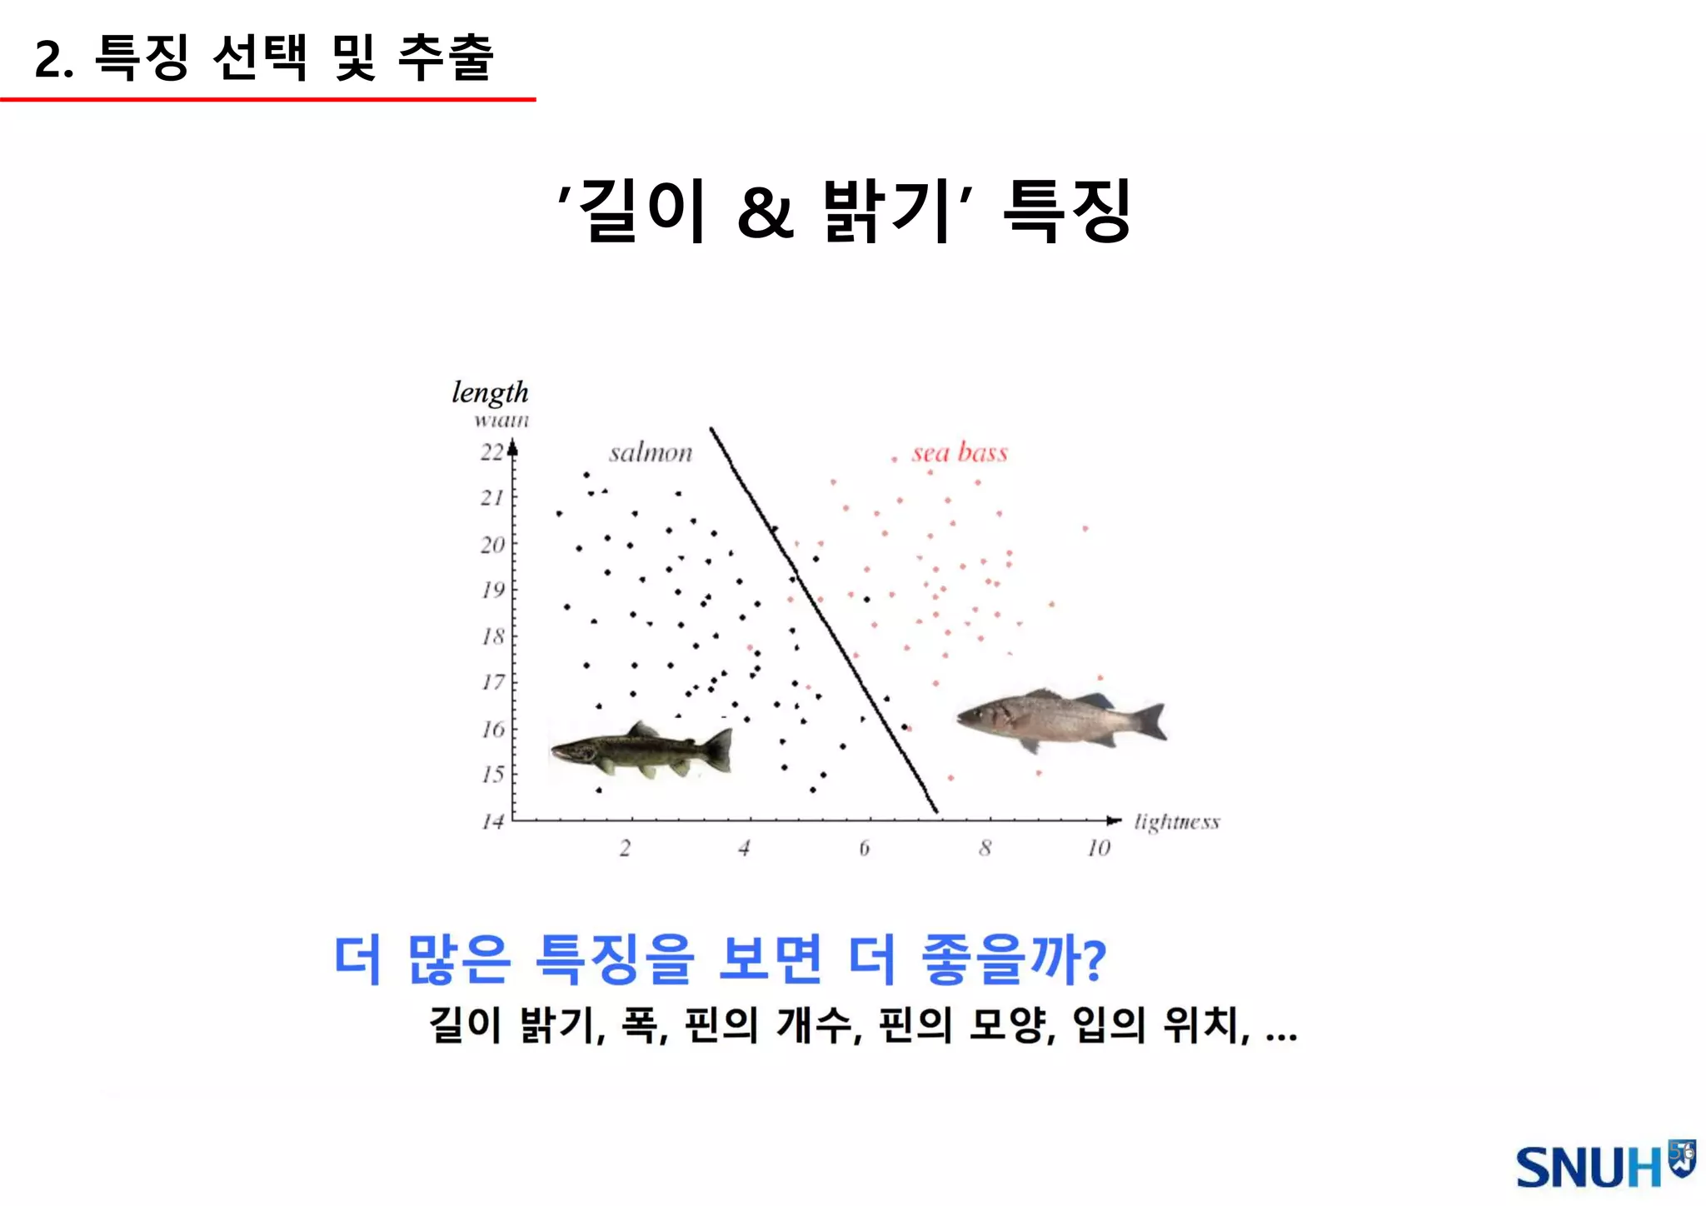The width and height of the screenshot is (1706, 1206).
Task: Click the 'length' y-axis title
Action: [x=490, y=392]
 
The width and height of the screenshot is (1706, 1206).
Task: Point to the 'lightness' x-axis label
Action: [x=1176, y=822]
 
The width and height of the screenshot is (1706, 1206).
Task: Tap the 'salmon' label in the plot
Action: [x=651, y=453]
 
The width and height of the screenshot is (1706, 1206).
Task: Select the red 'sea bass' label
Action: [x=960, y=452]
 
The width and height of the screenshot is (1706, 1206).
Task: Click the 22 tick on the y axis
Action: [x=491, y=452]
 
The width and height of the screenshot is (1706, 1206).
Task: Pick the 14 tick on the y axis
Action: [x=492, y=822]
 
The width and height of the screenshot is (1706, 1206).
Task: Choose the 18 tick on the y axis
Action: [x=492, y=637]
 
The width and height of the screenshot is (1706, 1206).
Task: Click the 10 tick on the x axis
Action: [x=1099, y=848]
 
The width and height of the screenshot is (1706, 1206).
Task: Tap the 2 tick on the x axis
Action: [x=625, y=848]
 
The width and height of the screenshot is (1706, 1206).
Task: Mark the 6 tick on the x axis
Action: [x=864, y=848]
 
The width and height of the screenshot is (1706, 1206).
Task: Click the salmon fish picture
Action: [x=642, y=750]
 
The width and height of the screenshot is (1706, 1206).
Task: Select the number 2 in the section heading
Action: [x=51, y=60]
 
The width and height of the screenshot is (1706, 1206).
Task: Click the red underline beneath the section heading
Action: [x=267, y=99]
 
